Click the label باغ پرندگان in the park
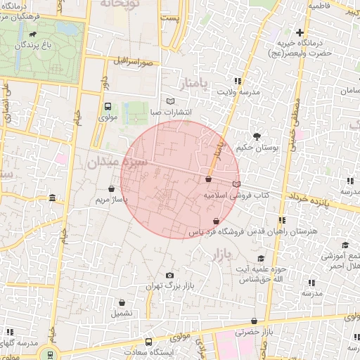[x=33, y=46]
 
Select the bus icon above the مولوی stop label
[x=108, y=107]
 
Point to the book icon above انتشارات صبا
[x=170, y=101]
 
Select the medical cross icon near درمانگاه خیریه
[x=300, y=32]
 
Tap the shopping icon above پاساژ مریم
[x=112, y=188]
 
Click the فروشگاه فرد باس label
[x=217, y=231]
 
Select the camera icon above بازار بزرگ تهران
[x=169, y=275]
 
